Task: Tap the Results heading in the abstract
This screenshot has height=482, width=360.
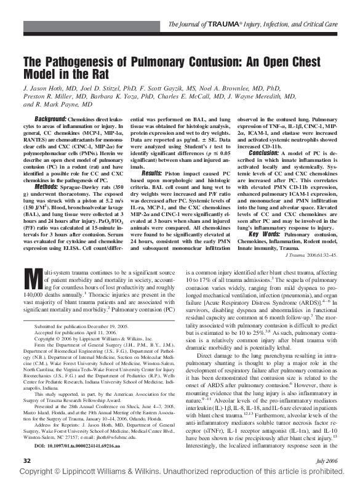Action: tap(138, 174)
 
